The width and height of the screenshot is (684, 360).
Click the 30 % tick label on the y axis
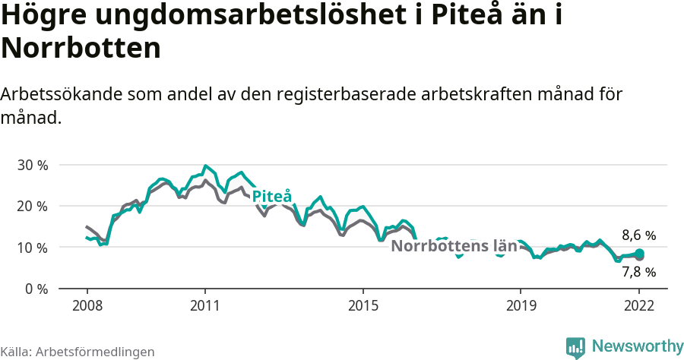tap(32, 165)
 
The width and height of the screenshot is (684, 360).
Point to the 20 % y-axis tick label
tap(32, 206)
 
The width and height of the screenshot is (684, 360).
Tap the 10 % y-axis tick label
tap(32, 248)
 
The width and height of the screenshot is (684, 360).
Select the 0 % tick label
tap(35, 289)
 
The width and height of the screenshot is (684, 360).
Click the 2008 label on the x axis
tap(87, 305)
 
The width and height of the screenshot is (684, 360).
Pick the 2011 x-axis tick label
tap(205, 305)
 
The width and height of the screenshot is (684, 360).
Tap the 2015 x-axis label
tap(363, 305)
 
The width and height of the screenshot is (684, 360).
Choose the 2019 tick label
tap(521, 305)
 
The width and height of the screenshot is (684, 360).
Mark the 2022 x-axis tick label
tap(639, 305)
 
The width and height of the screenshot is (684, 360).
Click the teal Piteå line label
tap(272, 196)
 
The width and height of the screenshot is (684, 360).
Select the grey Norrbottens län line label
tap(454, 246)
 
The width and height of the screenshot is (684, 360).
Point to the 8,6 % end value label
tap(638, 235)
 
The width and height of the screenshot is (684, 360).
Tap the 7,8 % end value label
tap(638, 272)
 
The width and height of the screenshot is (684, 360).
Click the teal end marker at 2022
tap(640, 254)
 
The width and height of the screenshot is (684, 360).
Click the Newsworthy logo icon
tap(575, 347)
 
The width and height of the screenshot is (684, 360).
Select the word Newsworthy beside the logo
tap(638, 346)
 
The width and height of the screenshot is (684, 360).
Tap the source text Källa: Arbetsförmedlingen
tap(78, 352)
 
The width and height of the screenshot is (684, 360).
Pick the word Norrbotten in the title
tap(81, 49)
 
